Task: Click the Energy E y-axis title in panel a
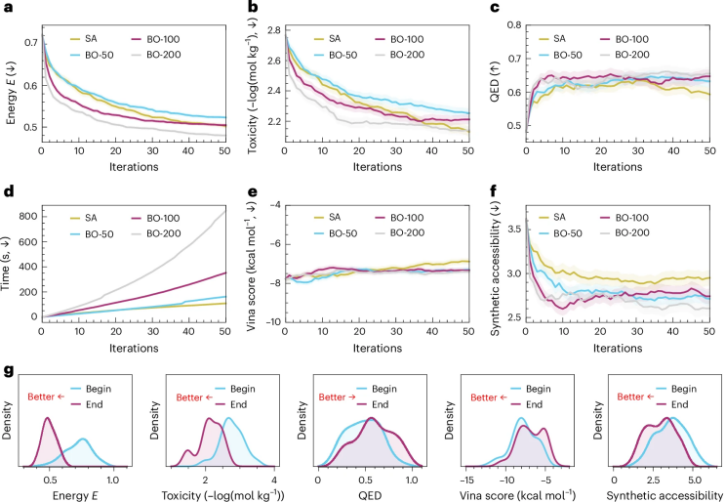point(9,84)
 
